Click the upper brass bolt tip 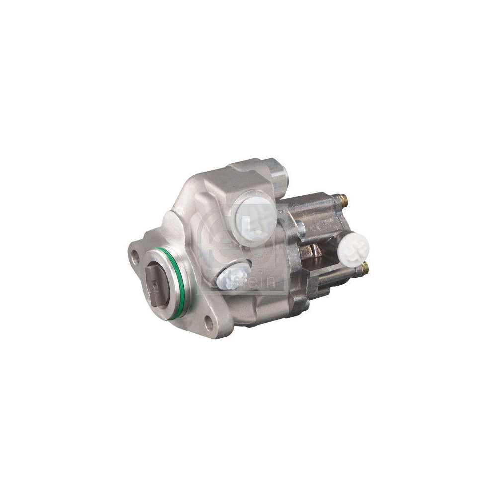coord(343,202)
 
